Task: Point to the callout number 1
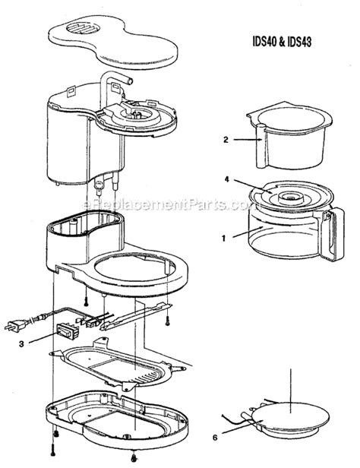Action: (x=223, y=237)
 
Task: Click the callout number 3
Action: (x=32, y=343)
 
